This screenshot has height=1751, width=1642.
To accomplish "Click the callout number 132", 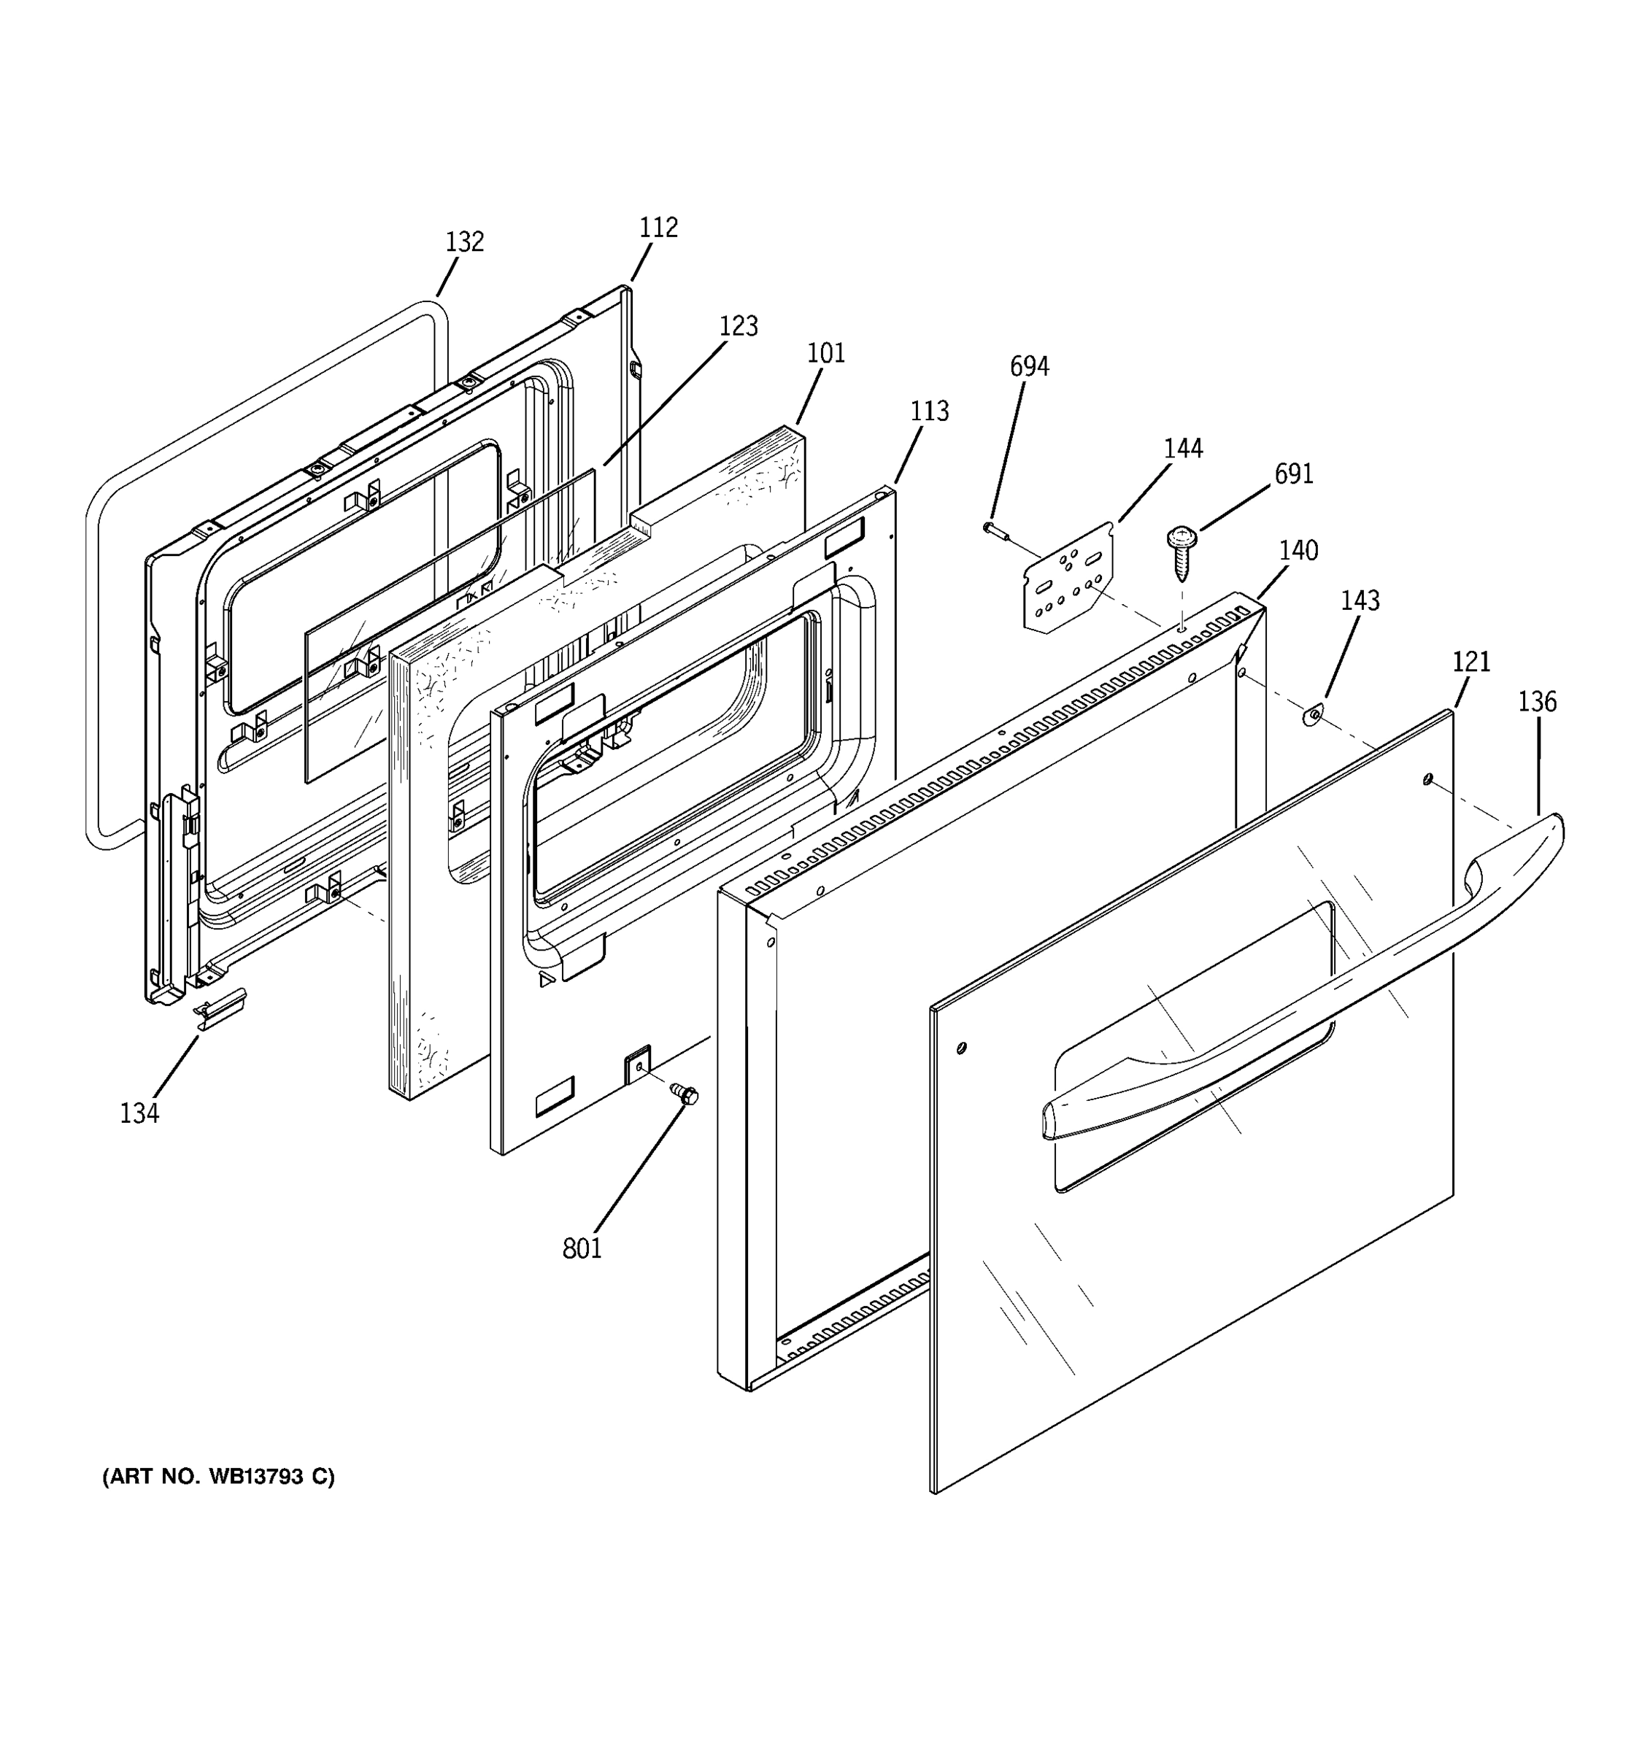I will click(464, 241).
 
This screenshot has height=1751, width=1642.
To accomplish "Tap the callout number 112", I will click(658, 227).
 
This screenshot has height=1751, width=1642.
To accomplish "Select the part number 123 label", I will click(739, 326).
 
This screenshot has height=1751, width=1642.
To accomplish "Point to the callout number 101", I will click(825, 353).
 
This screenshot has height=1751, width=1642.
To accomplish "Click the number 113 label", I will click(928, 411).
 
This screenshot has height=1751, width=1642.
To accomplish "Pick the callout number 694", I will click(1029, 366).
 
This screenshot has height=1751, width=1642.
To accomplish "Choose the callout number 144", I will click(1182, 448).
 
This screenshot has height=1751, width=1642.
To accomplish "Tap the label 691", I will click(1293, 473).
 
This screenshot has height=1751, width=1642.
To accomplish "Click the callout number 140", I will click(1298, 551).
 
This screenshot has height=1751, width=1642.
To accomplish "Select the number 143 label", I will click(1360, 600).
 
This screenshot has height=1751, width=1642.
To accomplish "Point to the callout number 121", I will click(1471, 662).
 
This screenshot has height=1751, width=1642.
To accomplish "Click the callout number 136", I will click(1536, 702).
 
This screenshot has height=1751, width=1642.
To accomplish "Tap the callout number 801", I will click(582, 1248).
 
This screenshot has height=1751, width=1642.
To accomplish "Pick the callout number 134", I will click(139, 1113).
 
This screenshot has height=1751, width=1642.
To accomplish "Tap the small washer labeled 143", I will click(1311, 716).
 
